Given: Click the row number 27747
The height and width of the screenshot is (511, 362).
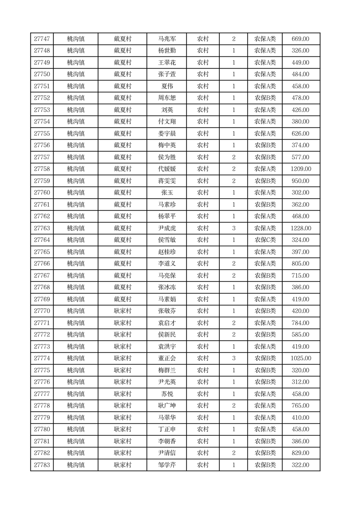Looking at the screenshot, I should (42, 39).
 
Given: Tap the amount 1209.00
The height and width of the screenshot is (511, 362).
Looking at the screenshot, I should (301, 169).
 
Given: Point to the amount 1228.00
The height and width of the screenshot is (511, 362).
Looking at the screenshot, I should (301, 228).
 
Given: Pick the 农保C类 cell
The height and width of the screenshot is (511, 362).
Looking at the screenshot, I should (265, 240).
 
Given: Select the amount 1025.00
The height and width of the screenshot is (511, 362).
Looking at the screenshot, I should (301, 358).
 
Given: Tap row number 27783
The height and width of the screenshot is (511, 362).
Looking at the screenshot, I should (42, 465).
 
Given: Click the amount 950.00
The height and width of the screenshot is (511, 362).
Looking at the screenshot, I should (301, 181).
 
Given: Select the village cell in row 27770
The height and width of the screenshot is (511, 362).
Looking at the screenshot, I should (123, 311).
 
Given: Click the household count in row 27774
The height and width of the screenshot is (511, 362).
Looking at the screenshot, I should (234, 358).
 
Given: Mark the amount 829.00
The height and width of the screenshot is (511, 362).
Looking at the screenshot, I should (301, 453).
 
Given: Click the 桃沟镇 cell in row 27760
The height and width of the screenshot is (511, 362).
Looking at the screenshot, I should (76, 193).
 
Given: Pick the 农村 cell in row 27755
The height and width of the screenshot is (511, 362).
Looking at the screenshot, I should (203, 133).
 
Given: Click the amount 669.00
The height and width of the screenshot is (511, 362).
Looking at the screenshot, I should (301, 39).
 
